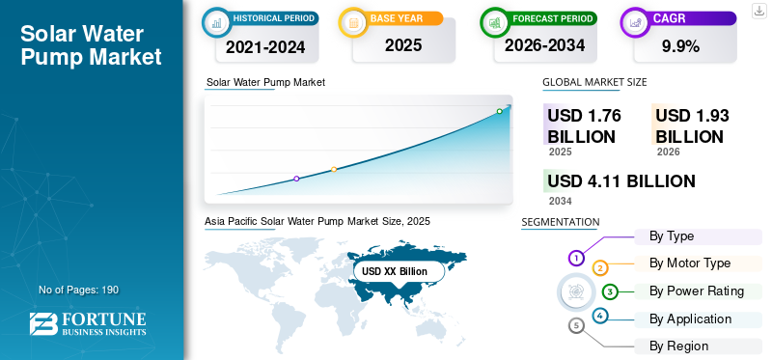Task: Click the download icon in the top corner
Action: pyautogui.click(x=759, y=11)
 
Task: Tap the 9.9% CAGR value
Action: pyautogui.click(x=681, y=46)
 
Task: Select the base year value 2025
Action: pyautogui.click(x=403, y=45)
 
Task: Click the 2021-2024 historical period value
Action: pyautogui.click(x=265, y=46)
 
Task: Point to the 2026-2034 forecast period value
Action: pyautogui.click(x=544, y=45)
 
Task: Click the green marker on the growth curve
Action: pyautogui.click(x=499, y=111)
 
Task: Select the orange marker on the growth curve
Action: pyautogui.click(x=334, y=169)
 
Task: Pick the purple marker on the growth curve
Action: pyautogui.click(x=296, y=179)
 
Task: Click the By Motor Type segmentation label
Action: pyautogui.click(x=690, y=263)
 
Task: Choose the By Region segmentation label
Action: pyautogui.click(x=678, y=346)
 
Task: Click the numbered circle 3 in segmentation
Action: pyautogui.click(x=610, y=292)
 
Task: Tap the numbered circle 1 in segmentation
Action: pyautogui.click(x=576, y=258)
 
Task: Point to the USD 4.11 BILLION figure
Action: pyautogui.click(x=621, y=181)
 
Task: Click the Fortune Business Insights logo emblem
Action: pyautogui.click(x=43, y=324)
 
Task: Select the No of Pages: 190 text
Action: pyautogui.click(x=79, y=290)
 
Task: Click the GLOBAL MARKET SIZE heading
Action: pyautogui.click(x=594, y=82)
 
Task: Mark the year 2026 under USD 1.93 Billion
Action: pyautogui.click(x=668, y=152)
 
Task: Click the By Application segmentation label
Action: pyautogui.click(x=690, y=319)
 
